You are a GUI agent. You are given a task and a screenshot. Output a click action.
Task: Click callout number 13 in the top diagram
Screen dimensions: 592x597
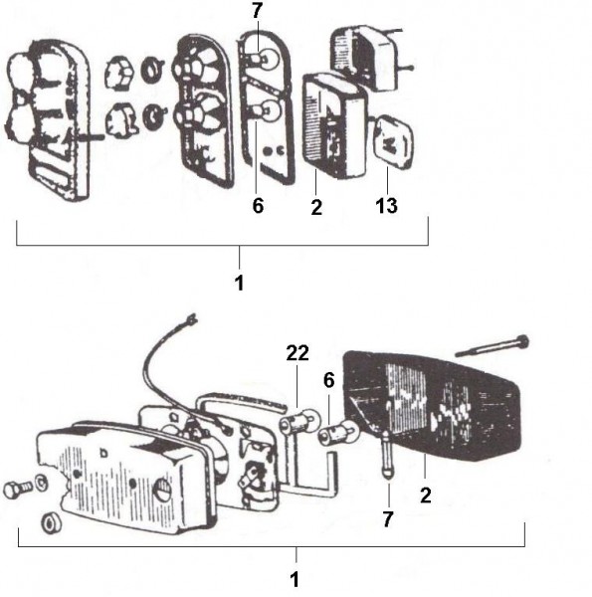tap(386, 205)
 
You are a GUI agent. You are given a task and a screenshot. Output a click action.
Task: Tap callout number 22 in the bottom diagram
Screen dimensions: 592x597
tap(297, 353)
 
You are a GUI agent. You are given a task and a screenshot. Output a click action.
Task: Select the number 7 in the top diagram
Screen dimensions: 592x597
tap(258, 11)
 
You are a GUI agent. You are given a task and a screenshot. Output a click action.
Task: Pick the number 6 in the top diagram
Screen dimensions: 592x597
tap(258, 206)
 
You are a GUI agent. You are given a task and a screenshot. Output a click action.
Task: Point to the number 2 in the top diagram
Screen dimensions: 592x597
tap(316, 208)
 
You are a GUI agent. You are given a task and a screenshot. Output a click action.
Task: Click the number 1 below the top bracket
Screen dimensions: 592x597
tap(239, 283)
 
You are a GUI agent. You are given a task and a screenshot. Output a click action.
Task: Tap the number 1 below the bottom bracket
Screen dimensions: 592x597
tap(295, 580)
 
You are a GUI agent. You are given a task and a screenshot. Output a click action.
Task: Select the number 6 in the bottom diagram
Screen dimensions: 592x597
tap(329, 380)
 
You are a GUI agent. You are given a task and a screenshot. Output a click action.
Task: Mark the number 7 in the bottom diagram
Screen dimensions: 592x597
tap(388, 519)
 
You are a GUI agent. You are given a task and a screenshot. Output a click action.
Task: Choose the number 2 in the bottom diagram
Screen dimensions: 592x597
tap(426, 496)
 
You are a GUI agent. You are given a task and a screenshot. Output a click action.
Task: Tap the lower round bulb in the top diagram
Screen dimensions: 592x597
tap(266, 110)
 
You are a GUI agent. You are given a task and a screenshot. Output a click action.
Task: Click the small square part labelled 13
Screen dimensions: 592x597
tap(394, 141)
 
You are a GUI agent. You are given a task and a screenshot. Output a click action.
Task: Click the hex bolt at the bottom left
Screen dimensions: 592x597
tap(19, 489)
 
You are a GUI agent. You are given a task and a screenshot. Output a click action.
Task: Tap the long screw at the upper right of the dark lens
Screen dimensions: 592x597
tap(493, 346)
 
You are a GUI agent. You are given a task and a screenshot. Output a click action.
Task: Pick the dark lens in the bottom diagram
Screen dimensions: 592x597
tap(433, 406)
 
